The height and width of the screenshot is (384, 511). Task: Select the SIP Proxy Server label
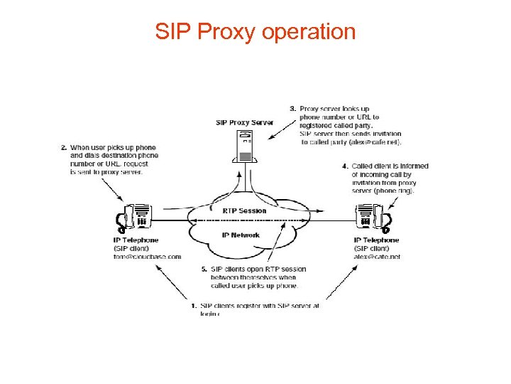(245, 123)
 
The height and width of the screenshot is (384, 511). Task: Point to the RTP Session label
(245, 210)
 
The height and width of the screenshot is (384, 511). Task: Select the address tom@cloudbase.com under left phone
(147, 257)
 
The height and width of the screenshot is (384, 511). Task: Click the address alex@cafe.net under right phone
(377, 257)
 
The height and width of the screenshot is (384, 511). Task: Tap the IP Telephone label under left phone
(136, 240)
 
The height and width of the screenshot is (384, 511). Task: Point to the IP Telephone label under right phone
(376, 240)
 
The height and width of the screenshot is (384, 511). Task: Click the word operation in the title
(309, 32)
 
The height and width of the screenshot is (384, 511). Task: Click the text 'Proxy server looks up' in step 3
(334, 109)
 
